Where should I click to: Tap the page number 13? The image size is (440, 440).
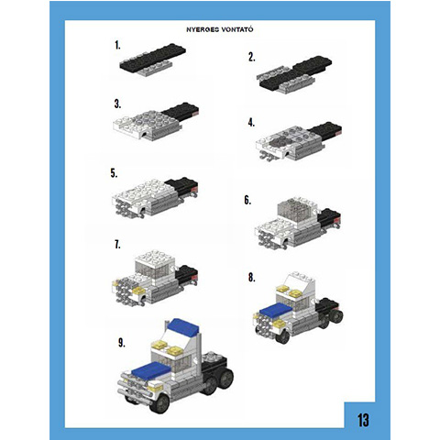(363, 420)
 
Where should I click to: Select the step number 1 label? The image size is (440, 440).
(117, 46)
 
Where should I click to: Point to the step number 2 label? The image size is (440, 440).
(251, 57)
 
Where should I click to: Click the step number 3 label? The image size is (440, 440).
(117, 104)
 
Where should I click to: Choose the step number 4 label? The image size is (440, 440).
(251, 123)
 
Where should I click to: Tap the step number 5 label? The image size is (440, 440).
(114, 173)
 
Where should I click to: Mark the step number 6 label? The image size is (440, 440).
(247, 201)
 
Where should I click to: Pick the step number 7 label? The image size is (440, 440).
(117, 245)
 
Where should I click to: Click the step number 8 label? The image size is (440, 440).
(251, 278)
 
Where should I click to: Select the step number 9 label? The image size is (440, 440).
(122, 343)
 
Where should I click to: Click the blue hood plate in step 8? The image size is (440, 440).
(276, 311)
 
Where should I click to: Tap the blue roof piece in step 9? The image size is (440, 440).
(183, 326)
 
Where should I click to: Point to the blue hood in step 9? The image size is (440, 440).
(151, 369)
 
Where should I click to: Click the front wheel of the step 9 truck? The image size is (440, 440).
(160, 403)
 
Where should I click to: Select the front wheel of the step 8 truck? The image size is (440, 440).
(282, 335)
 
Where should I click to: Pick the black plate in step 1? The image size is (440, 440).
(153, 58)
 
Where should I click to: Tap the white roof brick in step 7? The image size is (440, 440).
(155, 258)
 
